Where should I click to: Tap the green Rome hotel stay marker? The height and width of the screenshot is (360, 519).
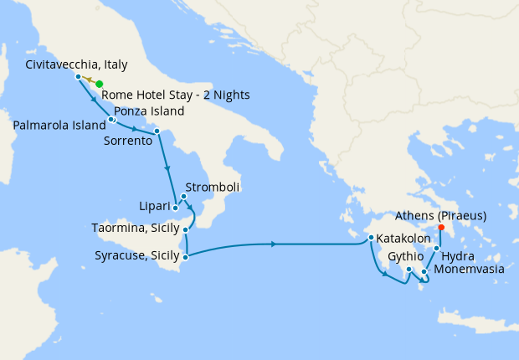pos(99,84)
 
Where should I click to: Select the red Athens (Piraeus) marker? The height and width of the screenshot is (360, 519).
pos(441,226)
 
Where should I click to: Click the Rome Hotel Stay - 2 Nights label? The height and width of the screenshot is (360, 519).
pos(175,95)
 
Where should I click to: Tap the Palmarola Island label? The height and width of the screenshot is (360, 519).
pos(59,125)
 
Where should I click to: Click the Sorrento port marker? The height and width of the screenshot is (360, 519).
pos(157,131)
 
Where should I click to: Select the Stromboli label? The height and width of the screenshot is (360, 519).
pos(213,188)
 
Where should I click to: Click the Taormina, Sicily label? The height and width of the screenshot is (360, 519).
pos(136,228)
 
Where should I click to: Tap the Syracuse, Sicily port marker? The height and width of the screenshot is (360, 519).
pos(186,257)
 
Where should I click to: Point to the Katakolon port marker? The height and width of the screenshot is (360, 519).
pos(370,239)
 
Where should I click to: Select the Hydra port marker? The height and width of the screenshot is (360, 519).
pos(436,249)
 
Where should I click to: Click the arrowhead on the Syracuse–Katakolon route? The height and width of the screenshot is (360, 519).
pos(274,244)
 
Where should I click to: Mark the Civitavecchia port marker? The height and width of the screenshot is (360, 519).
pos(78,77)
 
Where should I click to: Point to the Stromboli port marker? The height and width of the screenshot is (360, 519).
pos(183,197)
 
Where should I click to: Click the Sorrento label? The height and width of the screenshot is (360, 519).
pos(127,142)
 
